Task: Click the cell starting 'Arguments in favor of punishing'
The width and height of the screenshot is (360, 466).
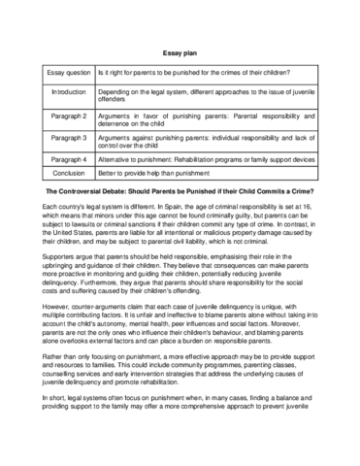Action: [x=207, y=118]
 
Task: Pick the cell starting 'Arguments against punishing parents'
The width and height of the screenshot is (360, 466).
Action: [x=207, y=142]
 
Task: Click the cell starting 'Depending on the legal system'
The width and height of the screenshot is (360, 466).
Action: [x=207, y=95]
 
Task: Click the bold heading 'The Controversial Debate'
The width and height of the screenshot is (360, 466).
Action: [x=180, y=194]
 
